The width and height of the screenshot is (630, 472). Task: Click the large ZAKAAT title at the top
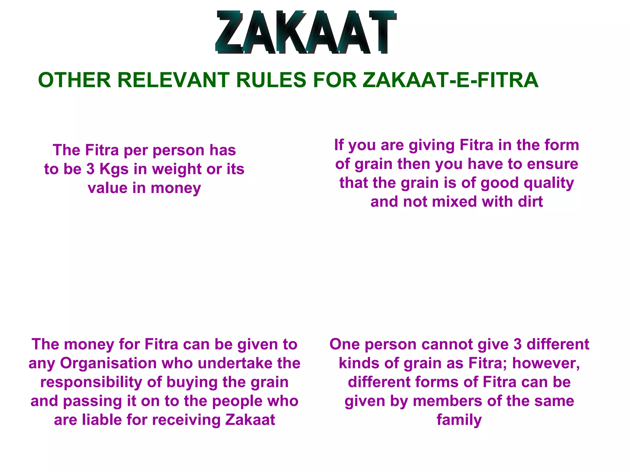tap(306, 32)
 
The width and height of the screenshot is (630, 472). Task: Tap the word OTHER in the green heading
tap(74, 80)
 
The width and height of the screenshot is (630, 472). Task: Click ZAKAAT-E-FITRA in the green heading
tap(450, 80)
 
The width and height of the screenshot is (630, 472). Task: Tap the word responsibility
tap(91, 382)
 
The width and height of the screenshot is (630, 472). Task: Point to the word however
tap(545, 363)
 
